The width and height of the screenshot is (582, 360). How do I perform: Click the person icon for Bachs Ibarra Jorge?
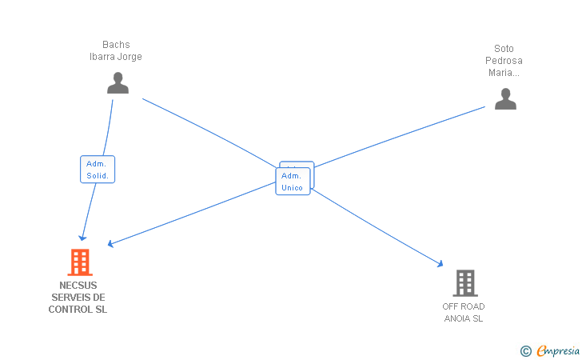pos(118,83)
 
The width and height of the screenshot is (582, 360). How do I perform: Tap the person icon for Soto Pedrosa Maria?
pos(505,98)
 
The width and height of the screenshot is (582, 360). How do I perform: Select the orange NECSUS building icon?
pos(79,262)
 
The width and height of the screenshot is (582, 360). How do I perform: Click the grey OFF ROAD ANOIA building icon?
pos(464,283)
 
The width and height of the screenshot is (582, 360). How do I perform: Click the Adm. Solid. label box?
pos(98,170)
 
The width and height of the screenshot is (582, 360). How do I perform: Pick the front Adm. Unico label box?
pos(292,182)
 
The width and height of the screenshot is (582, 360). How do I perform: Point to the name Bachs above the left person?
pos(116,45)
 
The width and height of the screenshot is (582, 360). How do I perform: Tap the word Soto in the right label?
pos(504,49)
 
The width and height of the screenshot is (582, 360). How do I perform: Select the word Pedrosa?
pos(504,61)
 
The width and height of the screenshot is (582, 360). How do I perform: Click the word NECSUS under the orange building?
pos(78,286)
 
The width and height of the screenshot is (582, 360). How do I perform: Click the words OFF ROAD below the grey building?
pos(464,306)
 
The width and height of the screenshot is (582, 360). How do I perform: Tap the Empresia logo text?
pos(558,350)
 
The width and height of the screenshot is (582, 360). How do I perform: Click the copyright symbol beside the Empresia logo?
pos(526,350)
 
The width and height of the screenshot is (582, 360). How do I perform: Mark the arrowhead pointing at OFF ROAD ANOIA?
pos(440,264)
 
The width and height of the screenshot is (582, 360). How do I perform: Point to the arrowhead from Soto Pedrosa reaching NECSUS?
pos(110,245)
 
